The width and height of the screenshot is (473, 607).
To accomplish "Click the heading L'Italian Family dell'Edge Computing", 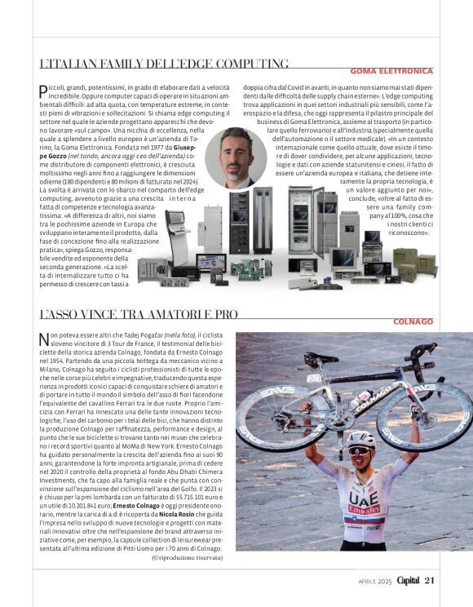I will click(x=163, y=64).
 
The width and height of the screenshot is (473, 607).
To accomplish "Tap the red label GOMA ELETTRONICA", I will click(x=391, y=72).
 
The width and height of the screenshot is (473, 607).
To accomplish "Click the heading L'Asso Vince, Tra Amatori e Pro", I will click(x=139, y=314).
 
